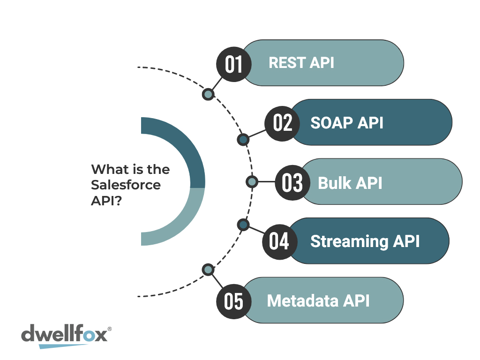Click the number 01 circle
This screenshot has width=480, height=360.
(234, 64)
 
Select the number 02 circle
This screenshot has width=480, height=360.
(282, 124)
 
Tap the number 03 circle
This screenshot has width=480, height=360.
(292, 183)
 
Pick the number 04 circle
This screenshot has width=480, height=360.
(280, 242)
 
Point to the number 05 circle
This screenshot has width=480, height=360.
(234, 301)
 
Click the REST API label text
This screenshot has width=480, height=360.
(301, 63)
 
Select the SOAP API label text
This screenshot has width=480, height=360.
(347, 123)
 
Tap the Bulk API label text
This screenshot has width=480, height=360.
(350, 183)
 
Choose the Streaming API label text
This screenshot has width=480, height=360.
(365, 241)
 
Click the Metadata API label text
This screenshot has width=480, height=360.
(318, 300)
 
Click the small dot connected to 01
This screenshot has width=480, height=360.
(208, 94)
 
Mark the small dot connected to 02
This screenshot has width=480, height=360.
(243, 140)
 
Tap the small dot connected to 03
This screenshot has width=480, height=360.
(252, 182)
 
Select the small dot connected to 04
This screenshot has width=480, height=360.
(243, 225)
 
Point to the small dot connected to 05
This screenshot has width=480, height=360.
(208, 270)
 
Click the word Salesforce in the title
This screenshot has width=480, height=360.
(126, 185)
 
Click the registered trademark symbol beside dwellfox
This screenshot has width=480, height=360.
(110, 329)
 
